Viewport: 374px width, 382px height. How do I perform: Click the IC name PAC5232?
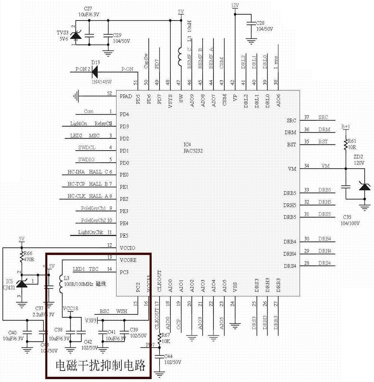click(192, 151)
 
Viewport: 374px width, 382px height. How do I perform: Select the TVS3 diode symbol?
click(76, 36)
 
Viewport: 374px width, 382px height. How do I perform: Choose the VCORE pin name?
click(128, 260)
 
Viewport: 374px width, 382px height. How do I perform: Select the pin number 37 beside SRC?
click(306, 117)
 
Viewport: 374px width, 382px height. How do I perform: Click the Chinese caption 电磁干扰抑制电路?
click(101, 366)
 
